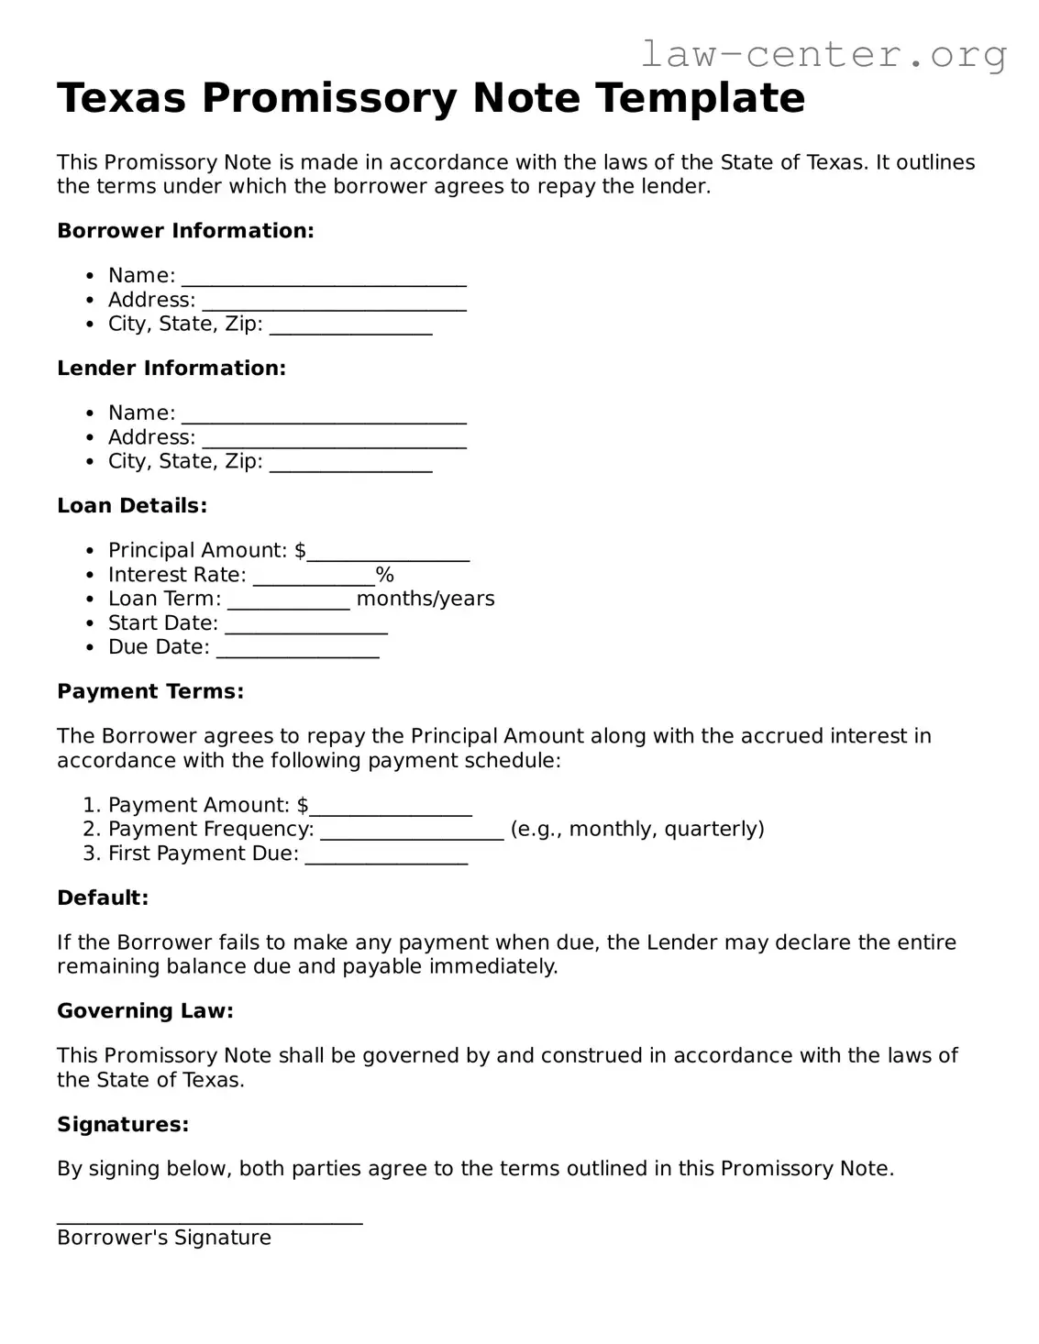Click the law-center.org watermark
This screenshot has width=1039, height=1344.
823,54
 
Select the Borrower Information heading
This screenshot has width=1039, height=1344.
185,231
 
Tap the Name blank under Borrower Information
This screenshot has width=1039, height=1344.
324,279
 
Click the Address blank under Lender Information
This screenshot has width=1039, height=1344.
334,441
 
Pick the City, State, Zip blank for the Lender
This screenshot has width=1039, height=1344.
350,465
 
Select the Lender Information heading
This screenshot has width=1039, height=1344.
171,369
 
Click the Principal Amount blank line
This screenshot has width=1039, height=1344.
388,554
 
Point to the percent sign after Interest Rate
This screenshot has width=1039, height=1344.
385,575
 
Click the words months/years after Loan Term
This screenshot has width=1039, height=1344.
426,599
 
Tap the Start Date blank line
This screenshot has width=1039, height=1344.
305,626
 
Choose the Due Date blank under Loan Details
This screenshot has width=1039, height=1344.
297,650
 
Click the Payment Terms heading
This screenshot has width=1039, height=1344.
150,692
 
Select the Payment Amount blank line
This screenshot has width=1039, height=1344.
390,809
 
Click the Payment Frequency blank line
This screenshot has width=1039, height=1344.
412,832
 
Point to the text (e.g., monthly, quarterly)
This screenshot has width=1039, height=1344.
637,830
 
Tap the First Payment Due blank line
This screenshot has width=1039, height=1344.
385,857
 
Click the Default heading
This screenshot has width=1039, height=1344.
103,898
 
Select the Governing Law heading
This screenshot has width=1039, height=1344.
145,1011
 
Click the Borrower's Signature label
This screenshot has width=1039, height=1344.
164,1238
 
